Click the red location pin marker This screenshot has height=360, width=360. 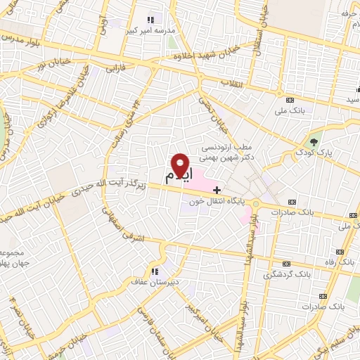pos(181,165)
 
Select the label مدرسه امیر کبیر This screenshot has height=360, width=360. pos(145,30)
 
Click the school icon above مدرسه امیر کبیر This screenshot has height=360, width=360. pos(150,20)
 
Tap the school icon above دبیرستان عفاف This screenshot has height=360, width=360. pos(154,271)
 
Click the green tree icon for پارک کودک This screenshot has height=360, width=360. pos(314,136)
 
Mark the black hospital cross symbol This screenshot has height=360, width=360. pos(217,189)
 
